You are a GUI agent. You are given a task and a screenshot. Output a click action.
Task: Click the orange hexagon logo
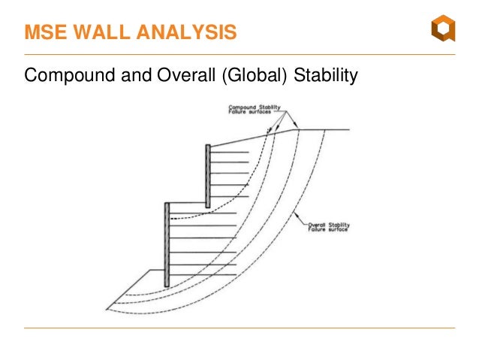click(442, 30)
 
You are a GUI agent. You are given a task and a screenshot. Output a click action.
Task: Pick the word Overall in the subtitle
click(186, 77)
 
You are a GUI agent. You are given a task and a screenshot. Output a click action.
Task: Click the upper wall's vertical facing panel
click(207, 174)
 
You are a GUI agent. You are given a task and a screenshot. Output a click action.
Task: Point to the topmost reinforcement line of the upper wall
click(229, 153)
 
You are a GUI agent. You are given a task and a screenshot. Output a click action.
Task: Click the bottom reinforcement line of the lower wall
click(201, 277)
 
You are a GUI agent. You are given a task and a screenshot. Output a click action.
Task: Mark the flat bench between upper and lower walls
click(185, 202)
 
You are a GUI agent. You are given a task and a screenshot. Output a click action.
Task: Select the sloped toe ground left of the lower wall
click(135, 288)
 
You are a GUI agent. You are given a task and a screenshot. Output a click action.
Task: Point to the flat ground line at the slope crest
click(323, 129)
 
